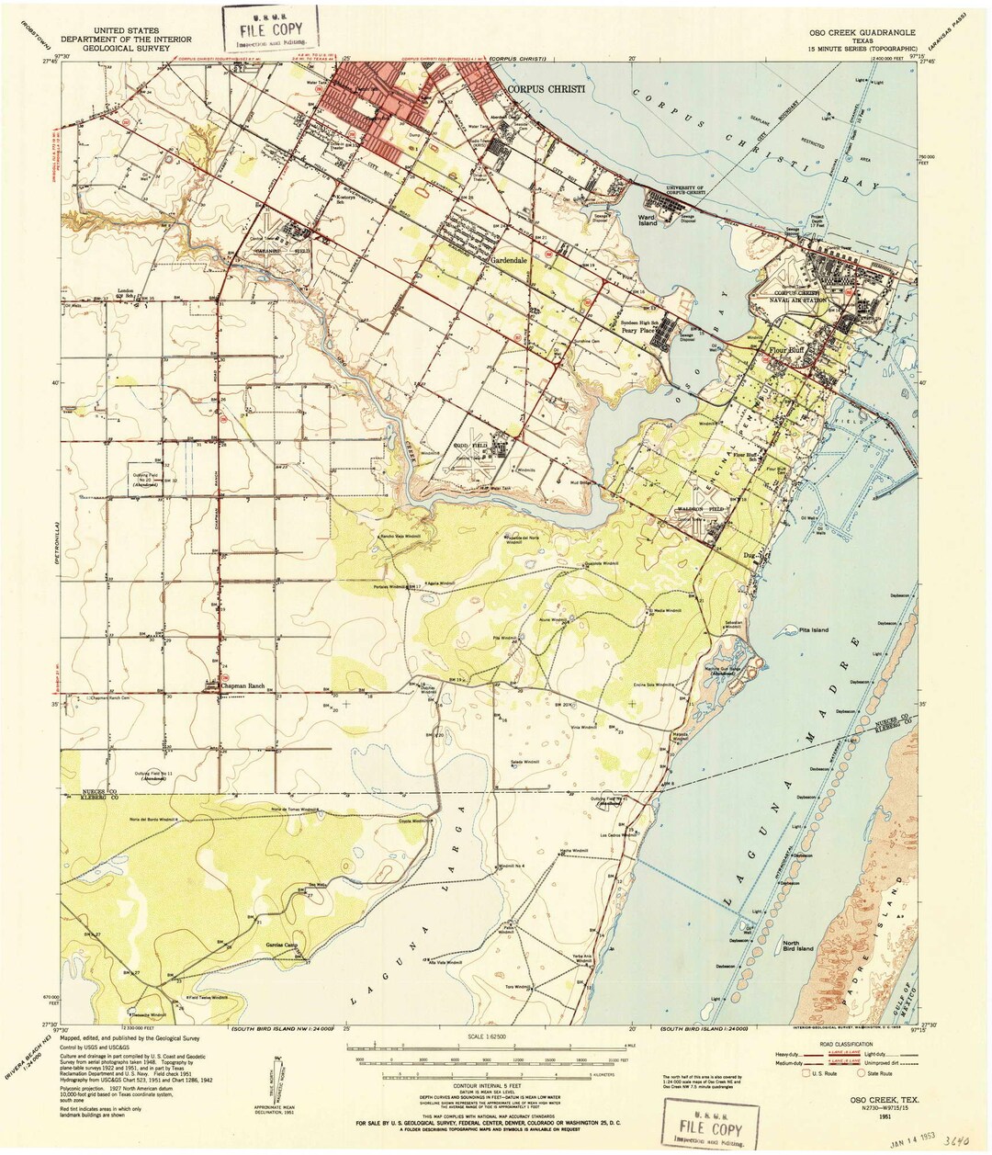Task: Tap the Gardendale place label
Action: click(x=512, y=260)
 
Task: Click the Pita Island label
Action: click(x=812, y=630)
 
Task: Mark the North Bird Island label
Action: click(x=799, y=946)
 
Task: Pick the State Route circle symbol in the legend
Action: click(x=862, y=1072)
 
